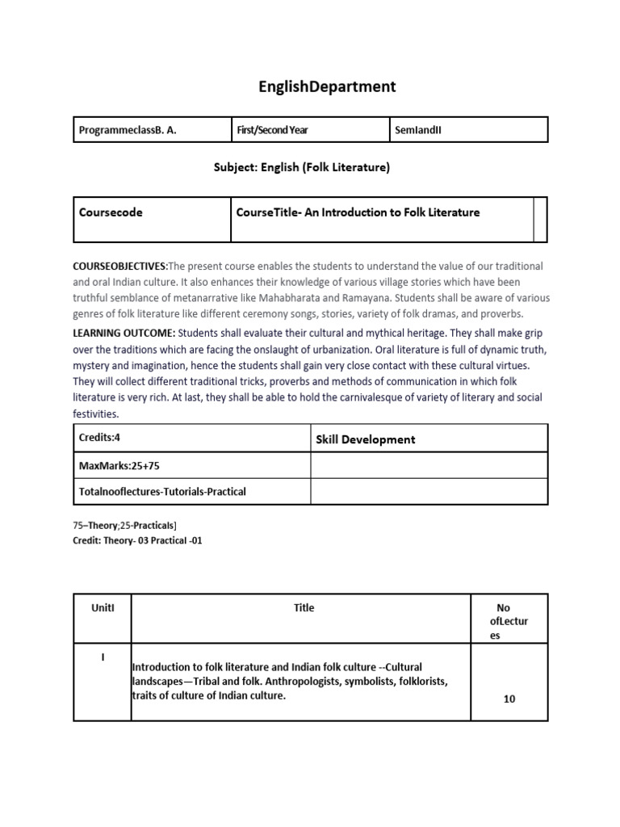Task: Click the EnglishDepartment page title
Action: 328,87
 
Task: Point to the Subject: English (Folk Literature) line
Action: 301,167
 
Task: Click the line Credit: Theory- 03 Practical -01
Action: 137,540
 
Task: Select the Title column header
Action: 304,607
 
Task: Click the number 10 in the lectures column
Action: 509,699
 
